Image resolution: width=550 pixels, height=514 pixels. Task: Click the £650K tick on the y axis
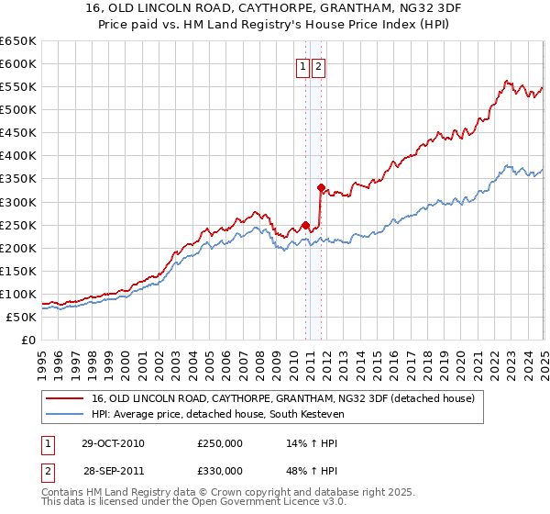point(19,41)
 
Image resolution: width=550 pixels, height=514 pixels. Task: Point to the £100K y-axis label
point(19,295)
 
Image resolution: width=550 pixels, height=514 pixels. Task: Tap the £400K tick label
point(19,156)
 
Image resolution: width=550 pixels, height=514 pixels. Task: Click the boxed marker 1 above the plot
point(302,66)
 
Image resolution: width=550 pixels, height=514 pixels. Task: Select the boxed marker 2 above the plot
point(318,66)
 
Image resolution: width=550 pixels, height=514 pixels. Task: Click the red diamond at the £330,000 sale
point(321,187)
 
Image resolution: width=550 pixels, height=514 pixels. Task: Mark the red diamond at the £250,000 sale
point(305,225)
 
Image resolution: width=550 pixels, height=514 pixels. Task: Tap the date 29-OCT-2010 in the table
point(113,443)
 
